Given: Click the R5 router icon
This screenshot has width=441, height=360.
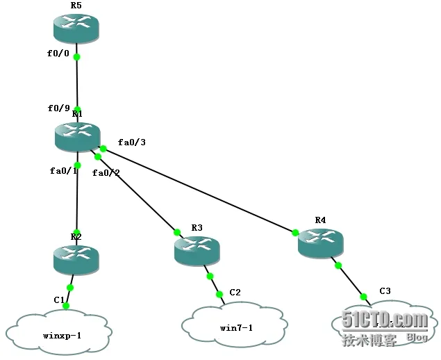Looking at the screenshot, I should [x=76, y=27].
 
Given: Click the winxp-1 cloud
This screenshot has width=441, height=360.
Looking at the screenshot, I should [x=58, y=334].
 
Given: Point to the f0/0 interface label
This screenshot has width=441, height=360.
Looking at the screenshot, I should [x=59, y=51].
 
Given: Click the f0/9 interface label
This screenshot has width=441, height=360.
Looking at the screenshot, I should [x=58, y=108].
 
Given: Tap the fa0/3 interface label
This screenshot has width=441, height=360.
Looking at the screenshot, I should [x=131, y=142].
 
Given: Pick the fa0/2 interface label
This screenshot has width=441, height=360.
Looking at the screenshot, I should [x=106, y=172].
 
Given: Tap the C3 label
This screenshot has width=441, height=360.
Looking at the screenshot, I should [x=385, y=291].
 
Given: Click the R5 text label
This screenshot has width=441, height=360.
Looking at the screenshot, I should [x=76, y=5].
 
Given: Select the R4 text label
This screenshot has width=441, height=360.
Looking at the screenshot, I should [x=320, y=220].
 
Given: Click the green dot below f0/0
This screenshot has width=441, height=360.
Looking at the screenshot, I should [x=76, y=57].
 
